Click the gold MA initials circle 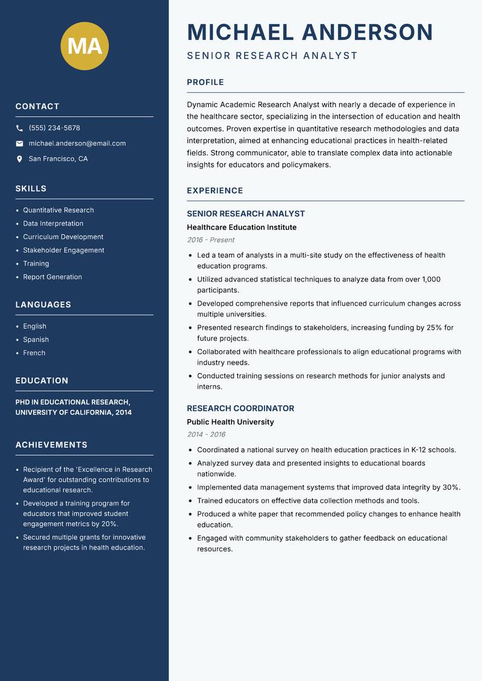(x=84, y=46)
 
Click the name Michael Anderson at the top (x=310, y=32)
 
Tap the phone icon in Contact (x=19, y=128)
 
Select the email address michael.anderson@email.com (x=77, y=143)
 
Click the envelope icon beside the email (x=19, y=143)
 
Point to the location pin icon (x=19, y=159)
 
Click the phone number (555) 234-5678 (x=54, y=128)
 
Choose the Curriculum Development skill (x=63, y=237)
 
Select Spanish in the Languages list (x=36, y=339)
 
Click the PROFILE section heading (x=205, y=82)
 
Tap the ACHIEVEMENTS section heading (x=51, y=445)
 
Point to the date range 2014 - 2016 (x=206, y=435)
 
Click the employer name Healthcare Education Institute (x=242, y=227)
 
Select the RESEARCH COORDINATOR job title (x=240, y=408)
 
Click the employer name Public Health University (x=230, y=422)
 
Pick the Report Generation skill (x=52, y=277)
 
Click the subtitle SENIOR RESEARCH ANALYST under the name (x=272, y=56)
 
